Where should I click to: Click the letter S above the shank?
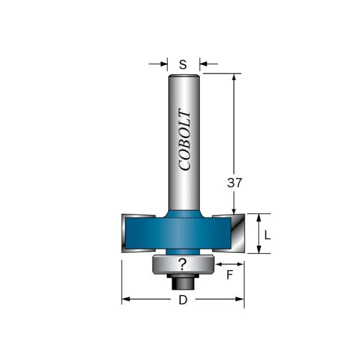[x=183, y=65]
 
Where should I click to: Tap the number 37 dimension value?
[x=234, y=183]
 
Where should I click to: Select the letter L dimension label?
[x=267, y=235]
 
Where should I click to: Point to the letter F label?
[x=230, y=275]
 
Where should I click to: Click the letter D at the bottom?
[x=183, y=300]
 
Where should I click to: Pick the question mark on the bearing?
[x=182, y=264]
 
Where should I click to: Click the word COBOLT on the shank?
[x=184, y=139]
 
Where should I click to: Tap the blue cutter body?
[x=178, y=233]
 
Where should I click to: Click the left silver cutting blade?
[x=129, y=233]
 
